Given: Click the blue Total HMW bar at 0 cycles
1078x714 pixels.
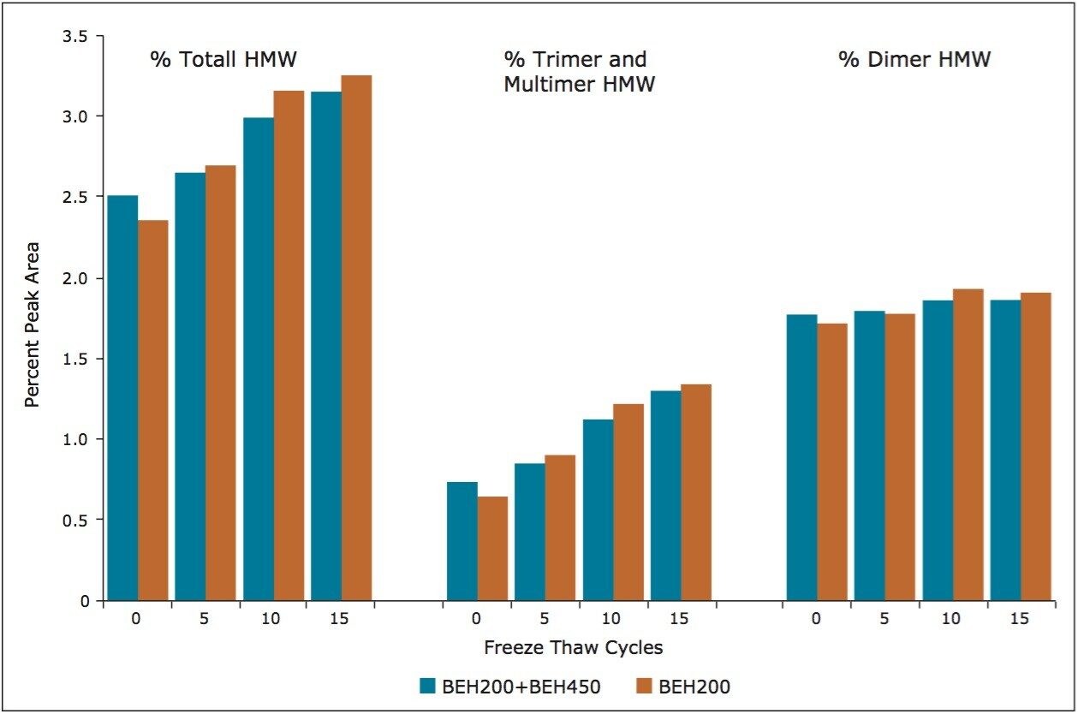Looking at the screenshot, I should [122, 398].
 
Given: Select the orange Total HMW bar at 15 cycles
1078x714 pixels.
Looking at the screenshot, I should [356, 338].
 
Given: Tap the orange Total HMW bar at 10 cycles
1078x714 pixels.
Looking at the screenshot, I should [289, 346].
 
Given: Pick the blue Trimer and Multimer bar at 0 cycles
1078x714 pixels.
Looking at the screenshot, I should [462, 541].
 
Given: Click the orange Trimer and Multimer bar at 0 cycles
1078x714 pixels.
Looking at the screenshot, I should [492, 548].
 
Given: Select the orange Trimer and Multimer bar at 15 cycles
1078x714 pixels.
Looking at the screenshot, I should [696, 492].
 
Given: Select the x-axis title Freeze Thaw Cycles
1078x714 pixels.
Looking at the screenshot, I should [572, 647].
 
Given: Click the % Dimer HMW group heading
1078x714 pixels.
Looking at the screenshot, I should [914, 60].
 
